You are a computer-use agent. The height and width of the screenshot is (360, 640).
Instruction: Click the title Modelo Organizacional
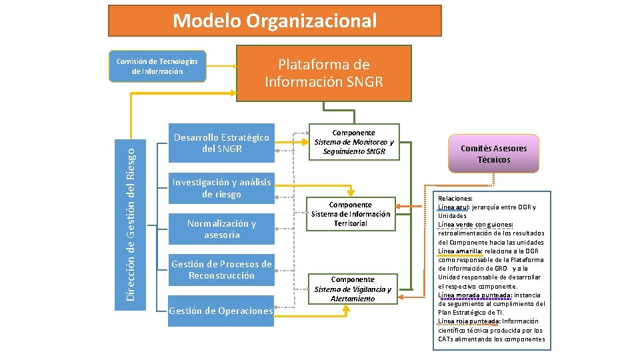click(275, 21)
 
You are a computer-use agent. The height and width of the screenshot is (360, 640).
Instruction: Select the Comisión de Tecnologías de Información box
click(157, 66)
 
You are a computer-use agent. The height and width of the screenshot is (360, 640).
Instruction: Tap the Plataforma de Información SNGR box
click(323, 73)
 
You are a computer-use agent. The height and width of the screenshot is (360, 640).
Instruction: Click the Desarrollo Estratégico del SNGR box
click(221, 143)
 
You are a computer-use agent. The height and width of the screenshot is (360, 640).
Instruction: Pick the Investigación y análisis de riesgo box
click(221, 188)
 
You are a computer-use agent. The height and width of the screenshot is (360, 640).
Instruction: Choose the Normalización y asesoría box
click(221, 229)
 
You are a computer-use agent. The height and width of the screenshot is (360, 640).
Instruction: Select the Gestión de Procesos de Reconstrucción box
click(221, 269)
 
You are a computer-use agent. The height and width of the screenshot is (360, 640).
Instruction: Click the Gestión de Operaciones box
click(221, 311)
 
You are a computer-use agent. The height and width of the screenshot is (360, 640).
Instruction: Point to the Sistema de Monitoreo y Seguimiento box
click(354, 142)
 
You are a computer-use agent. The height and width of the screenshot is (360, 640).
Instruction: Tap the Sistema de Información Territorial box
click(351, 213)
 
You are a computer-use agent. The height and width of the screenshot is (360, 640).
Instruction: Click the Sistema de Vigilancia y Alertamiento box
click(353, 289)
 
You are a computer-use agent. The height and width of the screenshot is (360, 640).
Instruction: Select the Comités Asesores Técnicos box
click(493, 154)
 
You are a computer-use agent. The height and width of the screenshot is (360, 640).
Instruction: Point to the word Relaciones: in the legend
click(455, 199)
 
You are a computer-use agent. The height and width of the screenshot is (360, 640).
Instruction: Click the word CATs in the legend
click(447, 339)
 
